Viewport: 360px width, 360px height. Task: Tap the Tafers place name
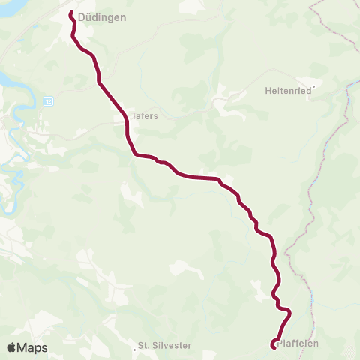144,117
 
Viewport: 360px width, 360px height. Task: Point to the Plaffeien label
298,343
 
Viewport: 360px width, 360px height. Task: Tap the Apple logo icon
12,347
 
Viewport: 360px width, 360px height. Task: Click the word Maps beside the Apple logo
33,347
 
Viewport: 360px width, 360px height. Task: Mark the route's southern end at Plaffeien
272,345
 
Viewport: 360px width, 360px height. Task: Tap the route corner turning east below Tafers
136,154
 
